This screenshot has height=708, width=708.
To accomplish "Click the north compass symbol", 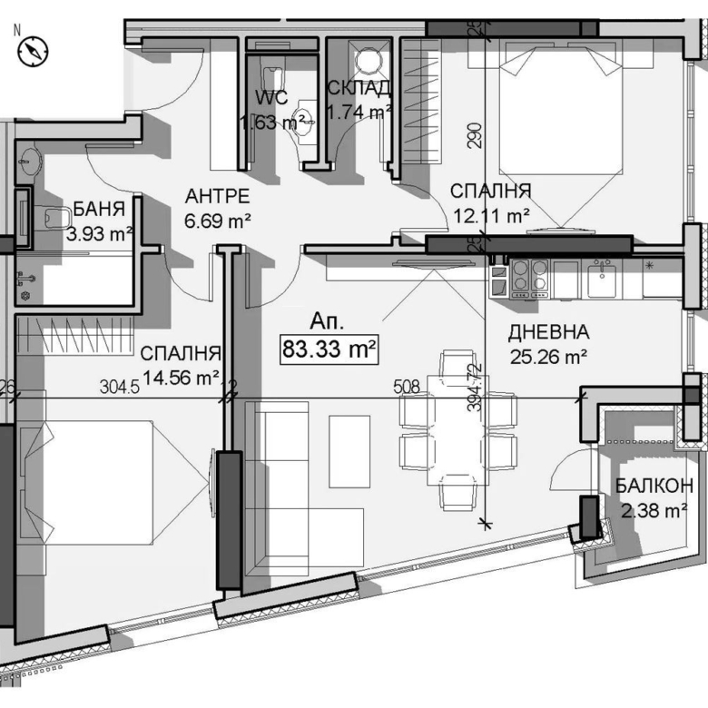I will [34, 52].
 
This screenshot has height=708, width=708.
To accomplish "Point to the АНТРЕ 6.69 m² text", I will [217, 208].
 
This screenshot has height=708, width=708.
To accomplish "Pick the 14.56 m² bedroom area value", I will [182, 377].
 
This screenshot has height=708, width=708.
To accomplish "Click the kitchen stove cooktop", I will [529, 279].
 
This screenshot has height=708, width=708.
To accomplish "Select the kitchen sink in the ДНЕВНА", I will [600, 279].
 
